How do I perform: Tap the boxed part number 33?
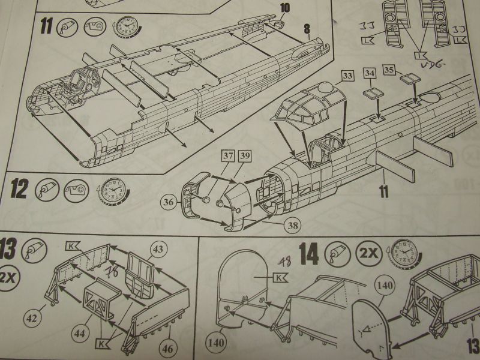click(x=348, y=76)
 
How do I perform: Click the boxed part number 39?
click(x=244, y=156)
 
